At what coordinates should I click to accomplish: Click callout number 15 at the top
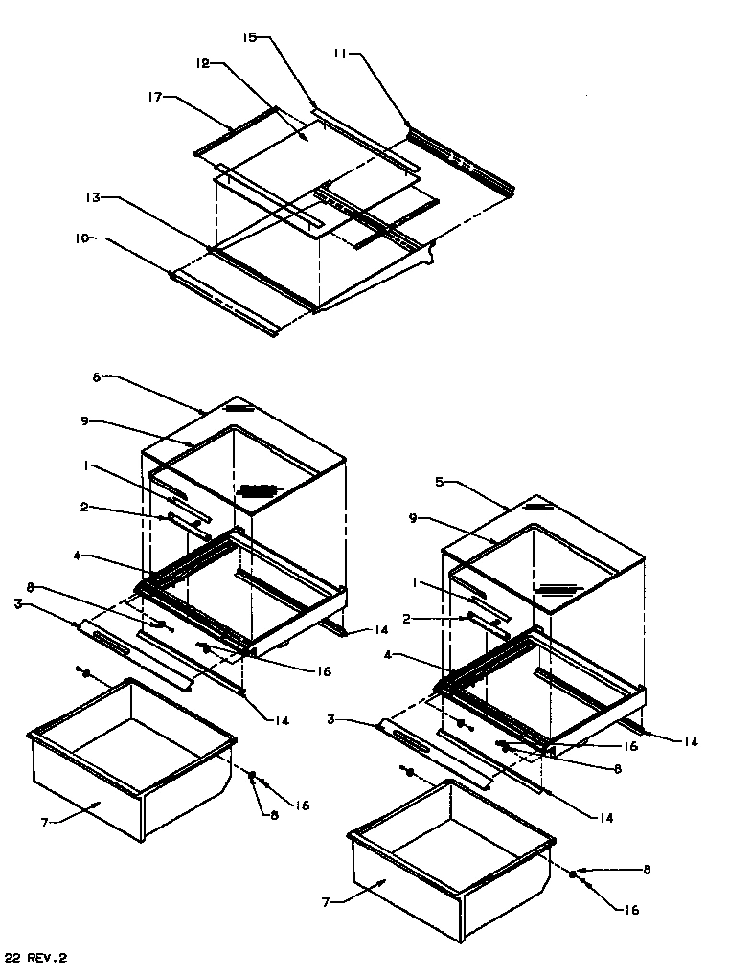(249, 37)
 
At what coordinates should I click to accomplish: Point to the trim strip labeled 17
(236, 130)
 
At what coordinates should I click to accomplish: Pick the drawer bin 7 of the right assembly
(450, 867)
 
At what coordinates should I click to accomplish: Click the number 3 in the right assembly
(330, 718)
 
